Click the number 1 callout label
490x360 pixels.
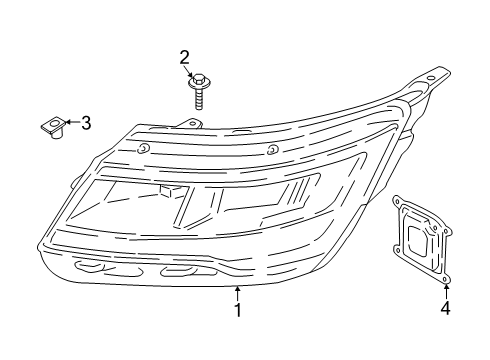point(237,310)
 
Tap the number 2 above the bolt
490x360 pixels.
point(185,57)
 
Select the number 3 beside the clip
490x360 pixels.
point(85,123)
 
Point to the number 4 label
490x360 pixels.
point(446,310)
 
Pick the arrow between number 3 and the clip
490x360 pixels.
point(71,123)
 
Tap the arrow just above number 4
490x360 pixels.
point(446,291)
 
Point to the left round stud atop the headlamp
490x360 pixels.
point(144,149)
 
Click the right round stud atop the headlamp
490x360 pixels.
point(272,150)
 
